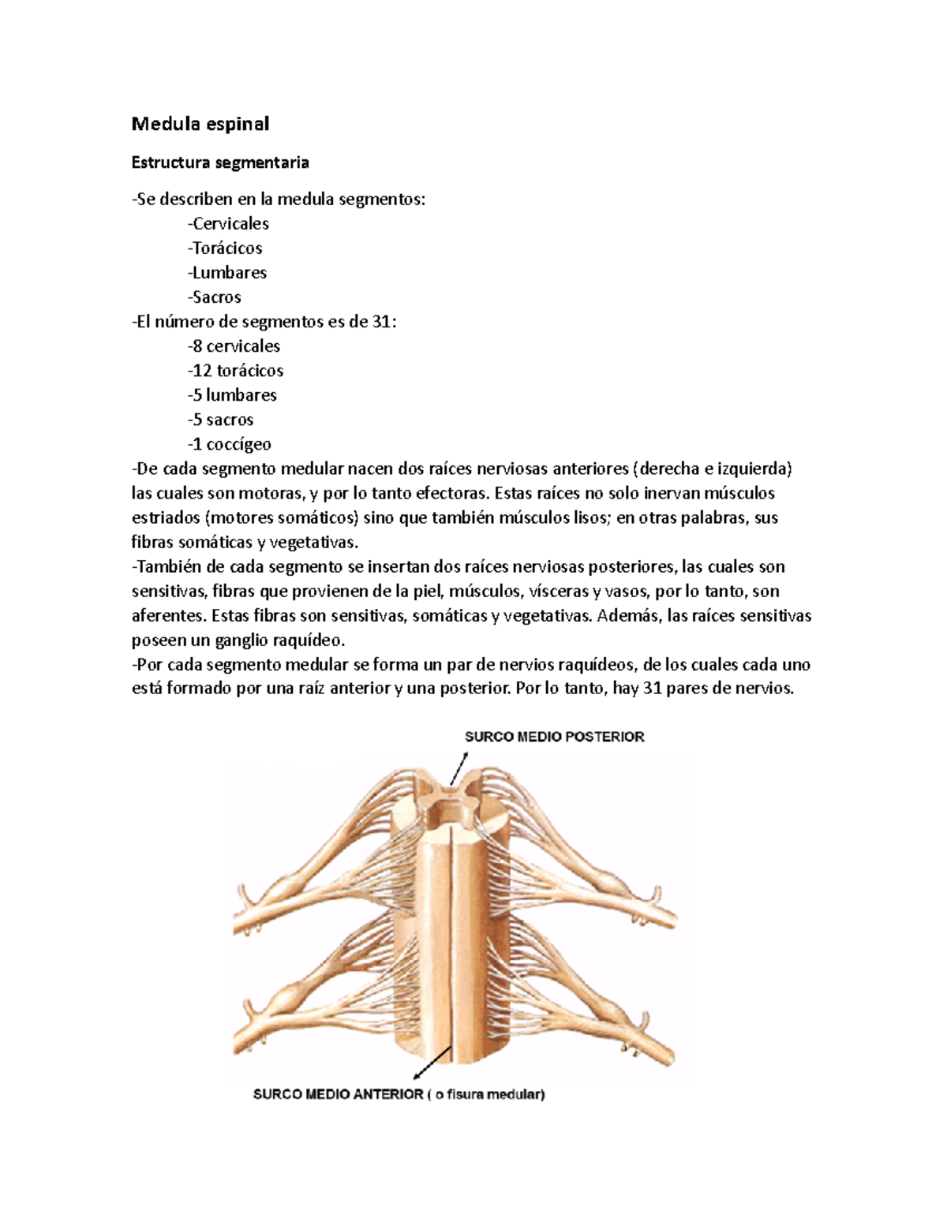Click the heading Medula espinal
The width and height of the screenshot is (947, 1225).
(200, 124)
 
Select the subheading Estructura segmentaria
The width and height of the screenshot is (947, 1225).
(220, 162)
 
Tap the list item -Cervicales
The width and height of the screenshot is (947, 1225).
(229, 223)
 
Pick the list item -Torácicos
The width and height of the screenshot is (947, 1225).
(226, 248)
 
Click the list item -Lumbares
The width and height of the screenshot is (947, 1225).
(227, 272)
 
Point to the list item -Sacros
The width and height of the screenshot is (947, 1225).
(215, 297)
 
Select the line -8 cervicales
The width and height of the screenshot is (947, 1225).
(234, 345)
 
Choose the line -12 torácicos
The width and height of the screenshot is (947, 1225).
(236, 370)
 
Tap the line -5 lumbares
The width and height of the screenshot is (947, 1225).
(233, 394)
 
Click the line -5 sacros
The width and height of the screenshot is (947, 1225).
(221, 419)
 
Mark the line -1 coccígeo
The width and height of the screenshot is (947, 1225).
(230, 443)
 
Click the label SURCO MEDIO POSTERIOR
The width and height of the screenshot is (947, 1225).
(554, 737)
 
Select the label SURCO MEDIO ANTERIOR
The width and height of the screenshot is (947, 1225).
(338, 1094)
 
